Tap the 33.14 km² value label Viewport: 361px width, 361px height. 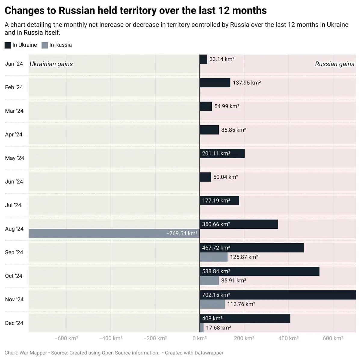coord(222,59)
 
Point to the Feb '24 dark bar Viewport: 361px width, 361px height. coord(215,83)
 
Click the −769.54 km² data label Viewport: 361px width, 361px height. coord(182,234)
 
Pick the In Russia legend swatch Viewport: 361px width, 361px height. coord(45,45)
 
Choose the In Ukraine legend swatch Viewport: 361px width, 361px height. coord(8,45)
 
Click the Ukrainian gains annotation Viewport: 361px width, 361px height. coord(51,64)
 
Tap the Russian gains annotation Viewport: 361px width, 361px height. coord(335,64)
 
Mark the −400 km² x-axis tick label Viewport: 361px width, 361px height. coord(111,338)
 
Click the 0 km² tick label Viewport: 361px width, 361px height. coord(199,338)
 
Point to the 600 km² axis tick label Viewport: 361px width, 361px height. coord(333,338)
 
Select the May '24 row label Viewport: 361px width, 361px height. coord(14,158)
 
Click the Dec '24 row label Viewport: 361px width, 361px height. coord(14,323)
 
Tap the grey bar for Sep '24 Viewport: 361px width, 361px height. coord(214,257)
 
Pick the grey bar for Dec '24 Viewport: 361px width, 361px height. coord(202,328)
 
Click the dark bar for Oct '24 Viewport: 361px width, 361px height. coord(259,271)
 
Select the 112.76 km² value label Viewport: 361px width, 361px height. coord(241,304)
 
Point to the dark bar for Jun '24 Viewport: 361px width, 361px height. coord(205,177)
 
